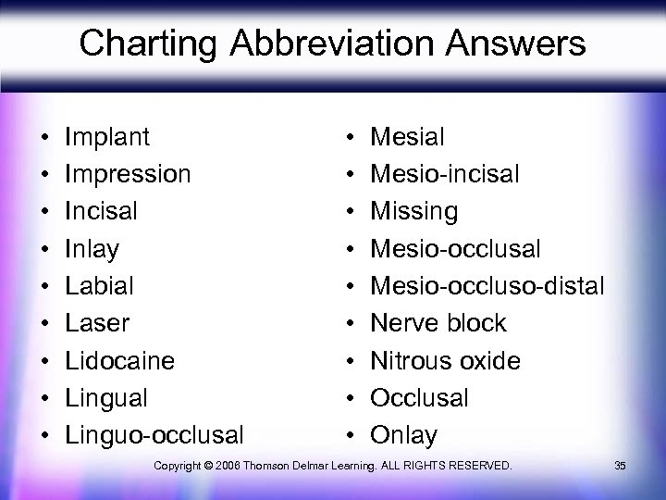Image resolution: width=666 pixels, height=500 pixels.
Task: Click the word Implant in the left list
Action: pyautogui.click(x=107, y=137)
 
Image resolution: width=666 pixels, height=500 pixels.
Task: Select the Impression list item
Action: pyautogui.click(x=128, y=174)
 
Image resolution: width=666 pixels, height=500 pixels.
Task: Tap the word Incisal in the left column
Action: pyautogui.click(x=101, y=211)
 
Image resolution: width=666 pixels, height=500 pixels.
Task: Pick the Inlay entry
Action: pyautogui.click(x=92, y=248)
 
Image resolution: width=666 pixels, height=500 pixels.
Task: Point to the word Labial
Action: pyautogui.click(x=99, y=285)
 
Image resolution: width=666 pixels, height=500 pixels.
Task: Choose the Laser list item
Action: pyautogui.click(x=97, y=322)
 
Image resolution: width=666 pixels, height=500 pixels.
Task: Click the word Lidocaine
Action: pyautogui.click(x=119, y=360)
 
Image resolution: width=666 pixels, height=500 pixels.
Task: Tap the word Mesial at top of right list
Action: pyautogui.click(x=407, y=137)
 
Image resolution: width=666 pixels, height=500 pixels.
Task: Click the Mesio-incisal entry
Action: pyautogui.click(x=444, y=174)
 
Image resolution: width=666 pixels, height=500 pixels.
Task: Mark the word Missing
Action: pyautogui.click(x=413, y=211)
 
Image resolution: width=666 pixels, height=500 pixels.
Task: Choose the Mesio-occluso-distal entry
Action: pyautogui.click(x=487, y=285)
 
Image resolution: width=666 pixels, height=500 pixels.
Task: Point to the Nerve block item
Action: pyautogui.click(x=438, y=322)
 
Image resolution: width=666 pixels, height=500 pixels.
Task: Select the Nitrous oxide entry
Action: pyautogui.click(x=445, y=360)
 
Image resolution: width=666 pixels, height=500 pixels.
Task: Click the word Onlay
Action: pyautogui.click(x=404, y=434)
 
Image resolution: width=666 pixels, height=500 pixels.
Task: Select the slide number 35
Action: pyautogui.click(x=620, y=464)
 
